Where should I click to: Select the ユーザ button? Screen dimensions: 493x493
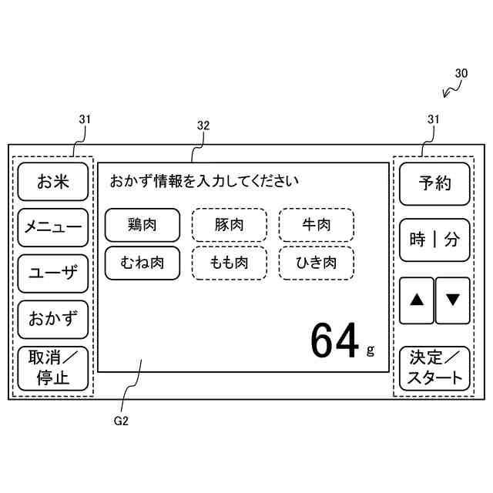point(53,273)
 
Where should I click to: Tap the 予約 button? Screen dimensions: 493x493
point(434,183)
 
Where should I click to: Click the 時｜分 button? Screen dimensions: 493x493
point(434,240)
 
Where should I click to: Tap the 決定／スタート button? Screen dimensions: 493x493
point(434,367)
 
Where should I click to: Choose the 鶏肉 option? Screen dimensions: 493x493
point(143,225)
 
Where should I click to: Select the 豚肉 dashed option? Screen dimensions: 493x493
point(229,225)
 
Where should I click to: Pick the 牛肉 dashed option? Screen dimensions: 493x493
point(316,225)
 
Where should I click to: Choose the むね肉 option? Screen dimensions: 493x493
point(143,263)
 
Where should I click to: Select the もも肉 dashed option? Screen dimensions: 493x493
point(229,263)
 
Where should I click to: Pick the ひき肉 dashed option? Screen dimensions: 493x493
point(316,263)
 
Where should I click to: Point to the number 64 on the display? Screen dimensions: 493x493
point(334,340)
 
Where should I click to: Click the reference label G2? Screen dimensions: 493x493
point(120,421)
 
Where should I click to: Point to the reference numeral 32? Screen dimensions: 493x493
point(203,126)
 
